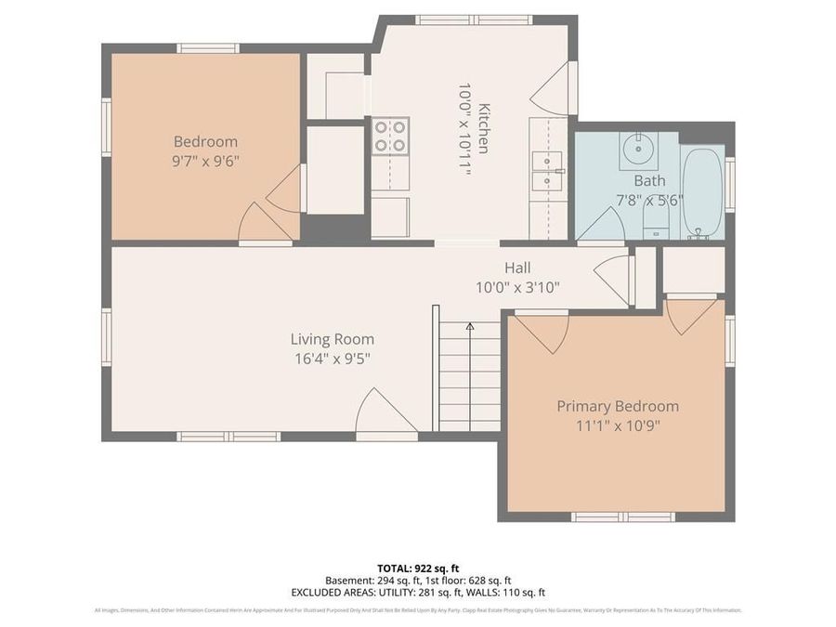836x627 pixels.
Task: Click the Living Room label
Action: point(332,340)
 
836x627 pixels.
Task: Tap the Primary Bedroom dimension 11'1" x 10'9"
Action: point(617,426)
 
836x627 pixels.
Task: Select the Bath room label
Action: point(650,180)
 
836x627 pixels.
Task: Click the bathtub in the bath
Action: point(702,192)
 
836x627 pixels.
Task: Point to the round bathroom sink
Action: point(637,149)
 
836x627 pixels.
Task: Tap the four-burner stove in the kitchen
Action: point(390,137)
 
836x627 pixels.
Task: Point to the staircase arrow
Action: point(470,327)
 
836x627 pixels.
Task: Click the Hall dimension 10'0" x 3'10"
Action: point(517,288)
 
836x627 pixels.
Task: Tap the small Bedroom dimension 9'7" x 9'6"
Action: point(205,160)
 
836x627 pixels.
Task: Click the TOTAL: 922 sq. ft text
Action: point(417,568)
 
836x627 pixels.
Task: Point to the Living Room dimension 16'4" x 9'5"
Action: point(332,359)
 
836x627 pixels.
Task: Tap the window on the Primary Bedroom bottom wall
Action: point(622,516)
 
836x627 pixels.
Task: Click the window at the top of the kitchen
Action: point(473,20)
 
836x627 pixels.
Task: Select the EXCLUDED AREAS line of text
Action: point(417,592)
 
